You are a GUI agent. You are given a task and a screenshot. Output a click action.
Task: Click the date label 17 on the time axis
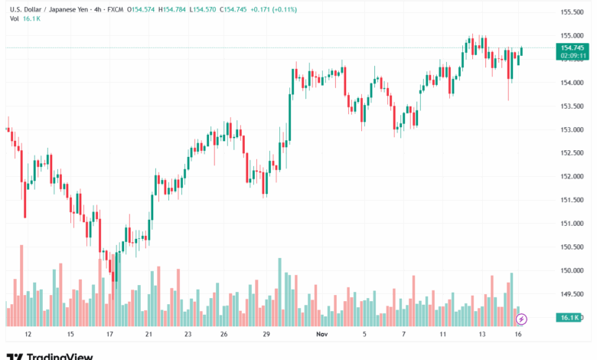tap(109, 334)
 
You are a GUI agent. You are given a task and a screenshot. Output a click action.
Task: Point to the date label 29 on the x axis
tap(266, 334)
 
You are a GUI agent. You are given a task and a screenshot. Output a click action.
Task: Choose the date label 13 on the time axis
tap(482, 334)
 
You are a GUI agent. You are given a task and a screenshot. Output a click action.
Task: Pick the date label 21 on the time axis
tap(148, 334)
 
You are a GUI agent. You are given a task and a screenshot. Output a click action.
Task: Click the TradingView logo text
tap(60, 355)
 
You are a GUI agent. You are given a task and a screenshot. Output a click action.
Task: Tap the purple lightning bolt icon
tap(522, 318)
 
